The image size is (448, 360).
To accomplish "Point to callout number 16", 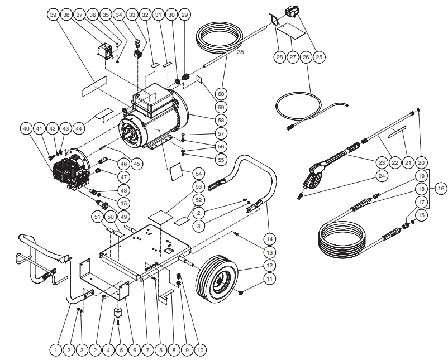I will pos(441,189).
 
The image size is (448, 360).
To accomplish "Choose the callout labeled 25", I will pos(318,56).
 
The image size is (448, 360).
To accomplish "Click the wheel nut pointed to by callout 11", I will pos(240,292).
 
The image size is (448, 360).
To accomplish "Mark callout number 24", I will pos(381,176).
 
